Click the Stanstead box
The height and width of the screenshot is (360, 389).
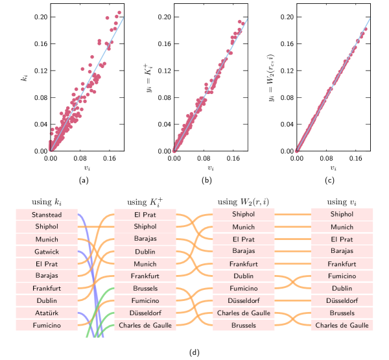(46, 215)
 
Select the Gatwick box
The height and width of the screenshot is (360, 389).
(46, 252)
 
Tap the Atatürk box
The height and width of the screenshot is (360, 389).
(46, 313)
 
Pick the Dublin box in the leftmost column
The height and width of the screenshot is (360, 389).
(46, 301)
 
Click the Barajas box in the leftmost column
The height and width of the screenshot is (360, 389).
(46, 276)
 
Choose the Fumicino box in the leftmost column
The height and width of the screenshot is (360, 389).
(46, 326)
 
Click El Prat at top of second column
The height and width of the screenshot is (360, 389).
(145, 215)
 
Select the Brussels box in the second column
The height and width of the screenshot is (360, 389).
(145, 289)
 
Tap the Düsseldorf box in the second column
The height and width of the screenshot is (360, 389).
(145, 313)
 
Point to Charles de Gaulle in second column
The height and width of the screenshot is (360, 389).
(145, 326)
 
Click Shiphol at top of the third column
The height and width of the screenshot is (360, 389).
(244, 215)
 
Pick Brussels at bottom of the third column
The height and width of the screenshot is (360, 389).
(244, 326)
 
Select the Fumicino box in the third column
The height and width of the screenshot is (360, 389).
(244, 289)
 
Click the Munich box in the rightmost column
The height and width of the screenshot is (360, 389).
(342, 227)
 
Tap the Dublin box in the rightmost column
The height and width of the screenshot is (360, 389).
(342, 289)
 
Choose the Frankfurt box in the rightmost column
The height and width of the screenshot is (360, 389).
(342, 264)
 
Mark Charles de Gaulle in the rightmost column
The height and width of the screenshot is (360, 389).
(342, 326)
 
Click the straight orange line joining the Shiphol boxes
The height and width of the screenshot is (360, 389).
(292, 214)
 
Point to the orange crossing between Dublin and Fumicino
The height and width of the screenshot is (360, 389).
(292, 282)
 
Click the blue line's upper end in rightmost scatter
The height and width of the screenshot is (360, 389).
(370, 18)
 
